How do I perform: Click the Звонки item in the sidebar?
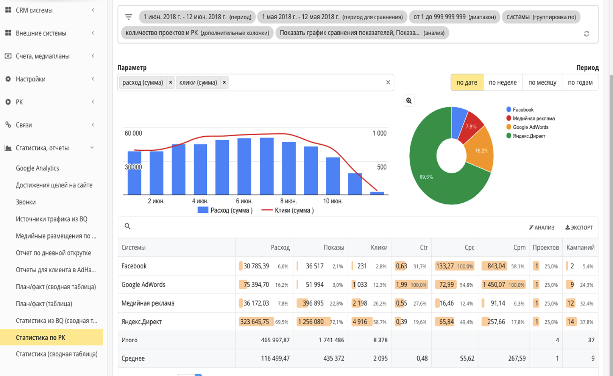tap(26, 202)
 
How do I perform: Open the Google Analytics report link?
tap(37, 168)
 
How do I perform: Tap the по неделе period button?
tap(503, 83)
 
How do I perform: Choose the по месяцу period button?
tap(542, 83)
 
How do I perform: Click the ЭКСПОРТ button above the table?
tap(579, 228)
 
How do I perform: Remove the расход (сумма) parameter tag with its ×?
tap(170, 83)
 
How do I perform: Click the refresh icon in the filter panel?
tap(586, 34)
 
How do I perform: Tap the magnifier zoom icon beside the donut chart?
tap(409, 101)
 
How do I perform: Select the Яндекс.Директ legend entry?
tap(526, 136)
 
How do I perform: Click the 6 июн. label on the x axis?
tap(244, 201)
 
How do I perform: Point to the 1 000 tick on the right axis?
tap(379, 133)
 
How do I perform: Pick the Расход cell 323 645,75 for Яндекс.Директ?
tap(254, 321)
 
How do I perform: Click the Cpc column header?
tap(469, 247)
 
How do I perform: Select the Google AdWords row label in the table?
tap(144, 285)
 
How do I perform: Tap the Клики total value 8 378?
tap(381, 340)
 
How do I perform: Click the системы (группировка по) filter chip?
tap(541, 17)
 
